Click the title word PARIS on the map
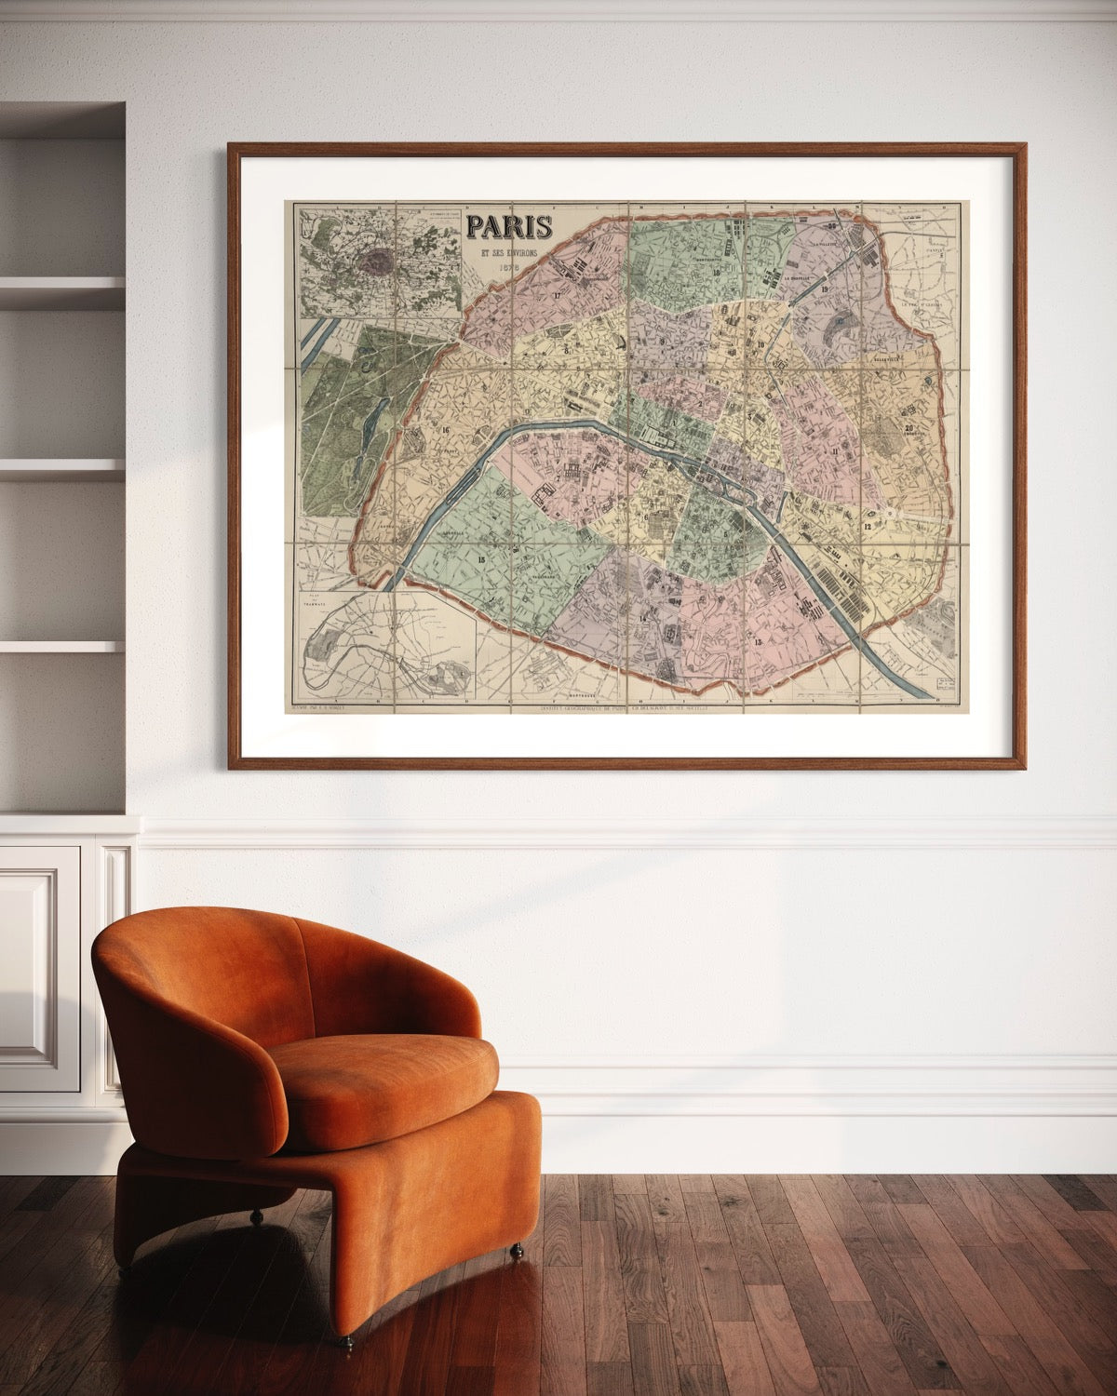(509, 226)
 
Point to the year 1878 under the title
(508, 268)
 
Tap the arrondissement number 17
(557, 295)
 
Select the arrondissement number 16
(446, 429)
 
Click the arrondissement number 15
(480, 558)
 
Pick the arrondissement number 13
(758, 642)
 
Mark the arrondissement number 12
(867, 527)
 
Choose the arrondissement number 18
(717, 272)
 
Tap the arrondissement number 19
(826, 290)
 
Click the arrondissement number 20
(908, 428)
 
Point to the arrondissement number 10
(760, 344)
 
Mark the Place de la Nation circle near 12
(891, 513)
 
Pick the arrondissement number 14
(642, 618)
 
